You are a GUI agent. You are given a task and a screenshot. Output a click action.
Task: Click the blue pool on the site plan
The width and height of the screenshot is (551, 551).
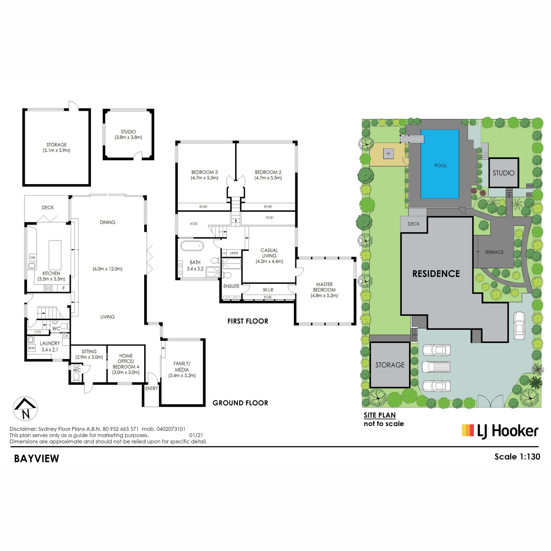[x=440, y=164]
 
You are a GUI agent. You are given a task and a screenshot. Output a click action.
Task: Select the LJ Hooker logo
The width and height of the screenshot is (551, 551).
[x=500, y=431]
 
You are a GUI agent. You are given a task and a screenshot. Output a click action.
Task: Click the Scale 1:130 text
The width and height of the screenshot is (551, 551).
[x=517, y=456]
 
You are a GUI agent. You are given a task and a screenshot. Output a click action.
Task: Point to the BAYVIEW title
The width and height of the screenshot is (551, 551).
[x=37, y=458]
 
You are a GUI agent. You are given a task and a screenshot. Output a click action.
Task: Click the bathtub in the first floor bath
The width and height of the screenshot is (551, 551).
[x=191, y=246]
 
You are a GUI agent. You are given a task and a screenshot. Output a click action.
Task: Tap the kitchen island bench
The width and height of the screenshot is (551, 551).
[x=55, y=254]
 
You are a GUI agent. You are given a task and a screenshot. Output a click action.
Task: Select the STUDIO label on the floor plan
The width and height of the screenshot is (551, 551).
[x=128, y=132]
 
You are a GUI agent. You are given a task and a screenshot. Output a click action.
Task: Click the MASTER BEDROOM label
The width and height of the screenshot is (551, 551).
[x=324, y=287]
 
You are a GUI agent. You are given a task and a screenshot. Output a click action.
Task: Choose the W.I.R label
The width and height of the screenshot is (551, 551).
[x=268, y=290]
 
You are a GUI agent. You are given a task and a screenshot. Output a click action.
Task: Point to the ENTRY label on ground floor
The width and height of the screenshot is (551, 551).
[x=151, y=388]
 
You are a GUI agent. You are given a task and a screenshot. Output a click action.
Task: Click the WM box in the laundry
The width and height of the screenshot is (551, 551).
[x=32, y=348]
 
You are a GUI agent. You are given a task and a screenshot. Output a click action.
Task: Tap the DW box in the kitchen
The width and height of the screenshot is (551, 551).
[x=33, y=258]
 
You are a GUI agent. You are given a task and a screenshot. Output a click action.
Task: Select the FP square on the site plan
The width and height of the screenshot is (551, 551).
[x=388, y=153]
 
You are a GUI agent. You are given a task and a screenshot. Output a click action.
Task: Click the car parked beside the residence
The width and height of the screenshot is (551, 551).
[x=519, y=326]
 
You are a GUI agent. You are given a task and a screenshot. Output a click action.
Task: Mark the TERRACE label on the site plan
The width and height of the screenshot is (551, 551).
[x=494, y=252]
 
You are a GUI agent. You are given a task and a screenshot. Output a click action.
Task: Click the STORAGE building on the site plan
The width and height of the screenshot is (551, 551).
[x=390, y=365]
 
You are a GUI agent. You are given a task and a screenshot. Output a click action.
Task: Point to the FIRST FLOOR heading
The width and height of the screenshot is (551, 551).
[x=247, y=321]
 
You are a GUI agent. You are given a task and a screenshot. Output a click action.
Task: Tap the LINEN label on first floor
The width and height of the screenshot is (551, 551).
[x=234, y=253]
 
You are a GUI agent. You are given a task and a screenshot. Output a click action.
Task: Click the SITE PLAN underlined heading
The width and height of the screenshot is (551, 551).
[x=379, y=415]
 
